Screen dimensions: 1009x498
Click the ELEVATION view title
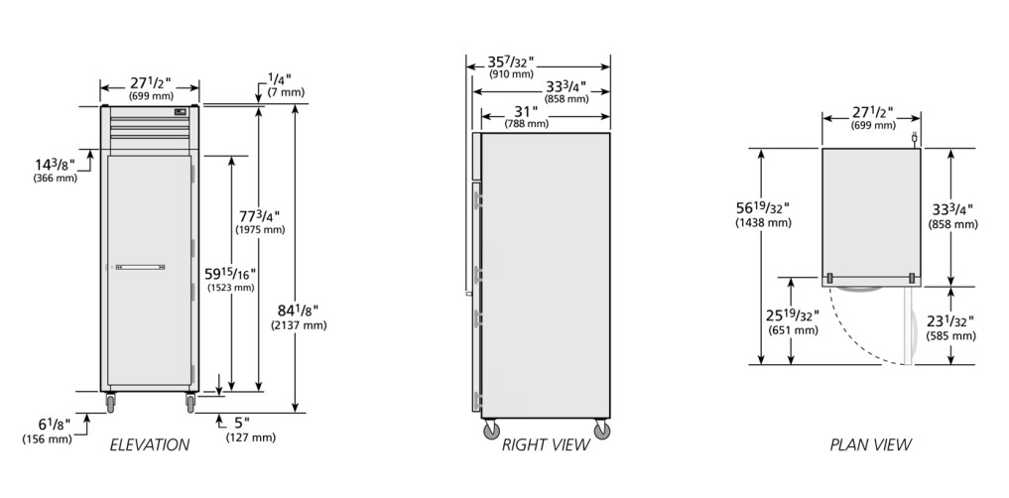point(150,444)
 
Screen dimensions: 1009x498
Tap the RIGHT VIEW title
point(546,444)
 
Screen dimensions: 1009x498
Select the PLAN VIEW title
point(871,444)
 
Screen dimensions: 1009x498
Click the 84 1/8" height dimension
point(299,311)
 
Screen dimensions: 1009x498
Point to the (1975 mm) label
point(260,230)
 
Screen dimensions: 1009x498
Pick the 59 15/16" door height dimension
point(230,274)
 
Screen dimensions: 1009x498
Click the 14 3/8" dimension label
point(55,164)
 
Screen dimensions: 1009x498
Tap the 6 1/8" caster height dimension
point(54,424)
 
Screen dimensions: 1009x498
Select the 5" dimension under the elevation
point(241,424)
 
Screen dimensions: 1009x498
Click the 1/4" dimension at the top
point(279,79)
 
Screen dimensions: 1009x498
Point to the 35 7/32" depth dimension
point(511,62)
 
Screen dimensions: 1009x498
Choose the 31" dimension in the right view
point(527,111)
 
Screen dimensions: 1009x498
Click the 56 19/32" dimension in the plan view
point(763,207)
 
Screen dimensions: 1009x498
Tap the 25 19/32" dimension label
point(793,315)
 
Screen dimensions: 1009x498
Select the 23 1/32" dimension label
point(949,321)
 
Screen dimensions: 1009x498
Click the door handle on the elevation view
point(140,267)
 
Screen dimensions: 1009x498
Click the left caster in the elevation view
point(111,403)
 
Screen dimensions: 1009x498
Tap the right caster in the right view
point(602,430)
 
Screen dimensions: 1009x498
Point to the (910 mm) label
point(511,74)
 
